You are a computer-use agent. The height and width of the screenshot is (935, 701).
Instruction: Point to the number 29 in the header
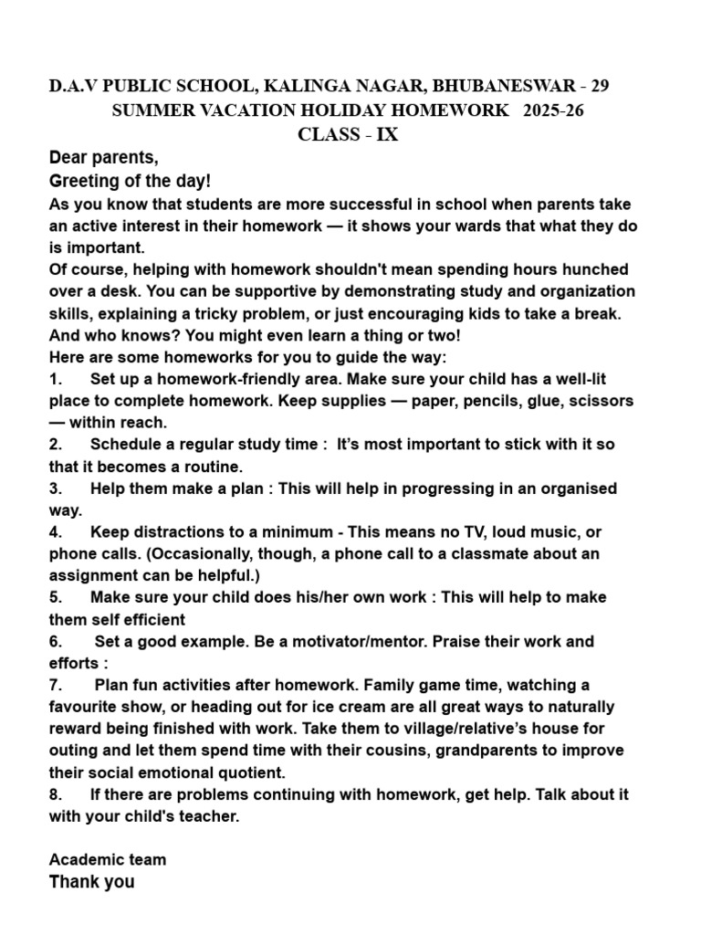[x=600, y=87]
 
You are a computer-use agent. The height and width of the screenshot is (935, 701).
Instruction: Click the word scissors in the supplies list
[x=602, y=400]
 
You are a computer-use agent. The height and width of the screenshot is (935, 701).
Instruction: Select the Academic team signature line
[x=108, y=860]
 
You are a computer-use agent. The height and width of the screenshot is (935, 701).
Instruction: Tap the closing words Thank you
[x=91, y=882]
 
